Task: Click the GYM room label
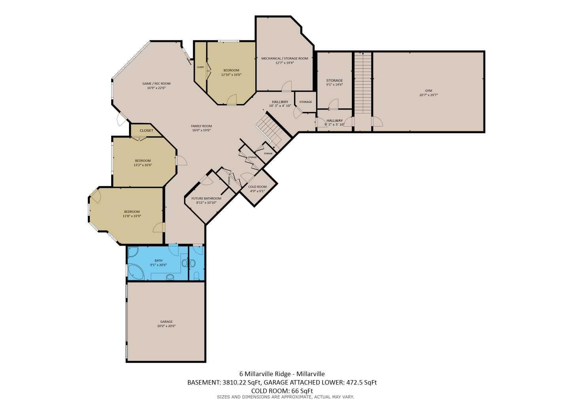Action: coord(428,90)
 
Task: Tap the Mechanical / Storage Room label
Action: coord(285,59)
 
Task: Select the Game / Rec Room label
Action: coord(156,83)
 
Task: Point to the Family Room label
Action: coord(201,126)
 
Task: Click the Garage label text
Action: coord(166,322)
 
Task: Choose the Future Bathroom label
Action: coord(206,199)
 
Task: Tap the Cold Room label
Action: coord(257,187)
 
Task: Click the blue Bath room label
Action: coord(158,261)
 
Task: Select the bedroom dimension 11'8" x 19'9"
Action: coord(132,216)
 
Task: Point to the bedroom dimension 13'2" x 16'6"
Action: coord(143,165)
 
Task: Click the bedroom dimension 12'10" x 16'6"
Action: coord(231,75)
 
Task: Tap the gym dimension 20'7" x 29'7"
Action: coord(428,95)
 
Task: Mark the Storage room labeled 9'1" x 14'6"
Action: coord(334,81)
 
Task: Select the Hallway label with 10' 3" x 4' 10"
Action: coord(280,102)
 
